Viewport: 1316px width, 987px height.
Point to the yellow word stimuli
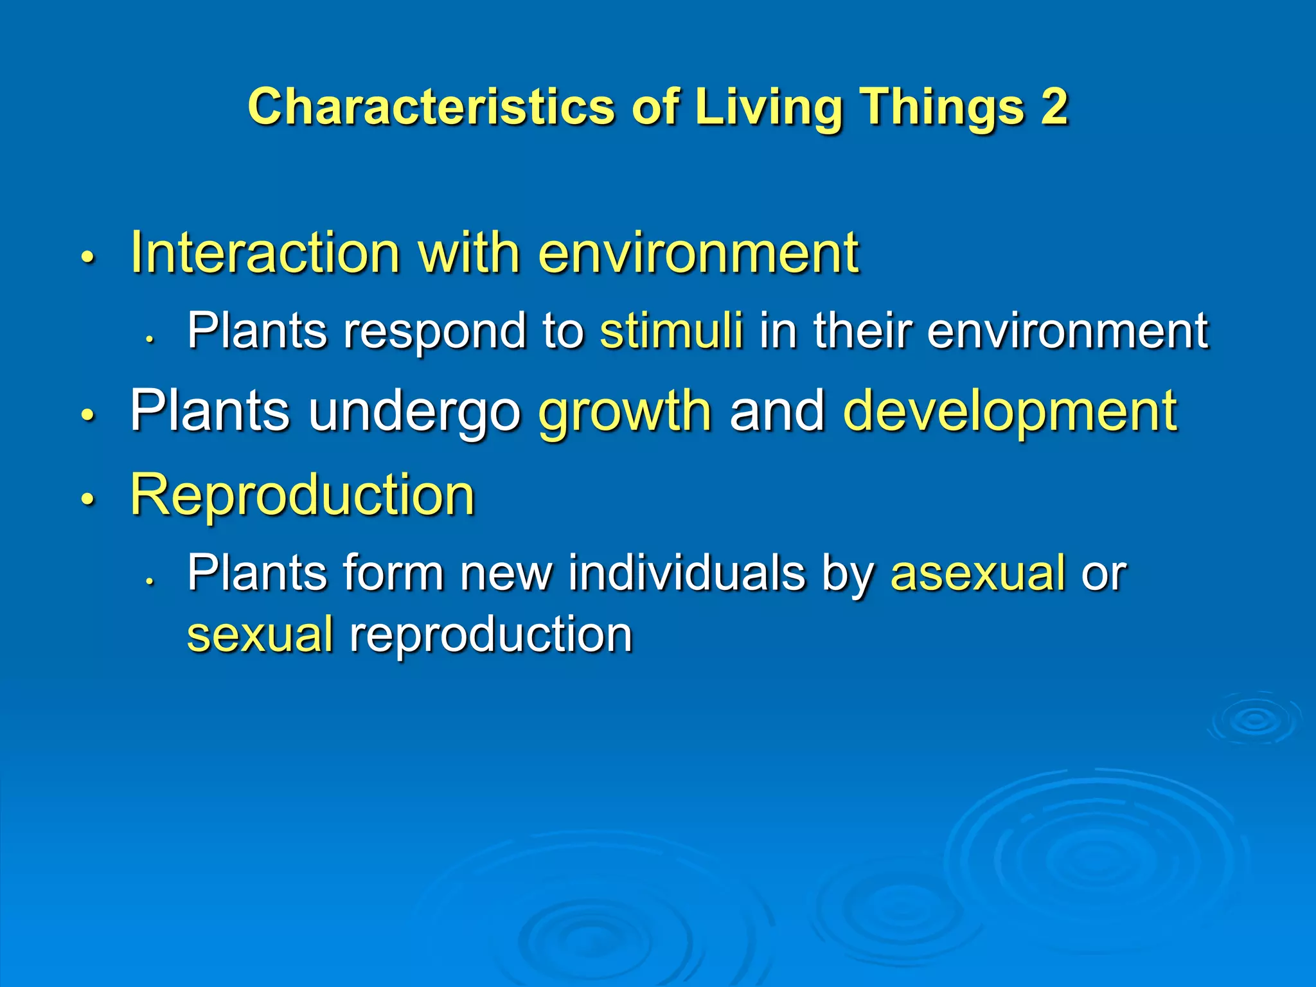pos(671,330)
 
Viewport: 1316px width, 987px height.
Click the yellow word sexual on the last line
pos(260,634)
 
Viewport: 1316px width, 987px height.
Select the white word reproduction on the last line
pos(491,634)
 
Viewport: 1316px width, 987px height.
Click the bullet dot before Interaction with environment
pos(88,258)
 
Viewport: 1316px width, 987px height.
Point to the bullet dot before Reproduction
pos(88,499)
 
